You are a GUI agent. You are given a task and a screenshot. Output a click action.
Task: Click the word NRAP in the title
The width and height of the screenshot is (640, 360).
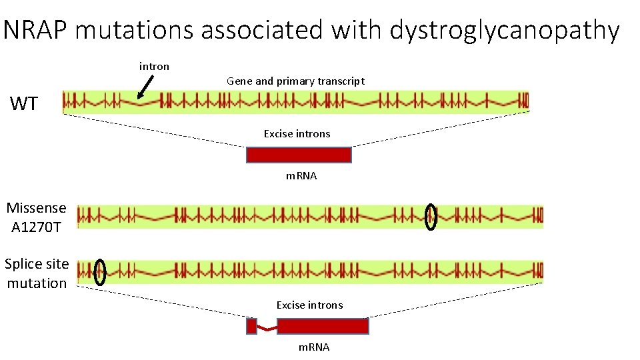tap(35, 29)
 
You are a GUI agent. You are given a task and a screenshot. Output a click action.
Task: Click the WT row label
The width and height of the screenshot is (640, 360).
tap(24, 103)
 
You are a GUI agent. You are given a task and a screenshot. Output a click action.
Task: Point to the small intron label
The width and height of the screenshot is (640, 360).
tap(154, 66)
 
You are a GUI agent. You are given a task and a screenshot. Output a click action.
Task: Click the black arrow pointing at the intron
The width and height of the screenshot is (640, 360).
tap(145, 87)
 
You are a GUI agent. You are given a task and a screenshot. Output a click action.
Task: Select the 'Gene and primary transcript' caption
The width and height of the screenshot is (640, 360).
tap(295, 81)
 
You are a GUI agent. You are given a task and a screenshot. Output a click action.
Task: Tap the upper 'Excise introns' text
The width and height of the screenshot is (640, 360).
tap(297, 133)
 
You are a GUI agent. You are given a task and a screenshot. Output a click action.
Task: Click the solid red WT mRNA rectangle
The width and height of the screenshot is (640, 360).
tap(299, 155)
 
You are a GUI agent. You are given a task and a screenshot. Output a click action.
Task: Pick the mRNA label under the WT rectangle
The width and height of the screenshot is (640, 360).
tap(301, 176)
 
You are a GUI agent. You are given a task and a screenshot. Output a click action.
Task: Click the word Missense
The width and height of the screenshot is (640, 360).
tap(36, 208)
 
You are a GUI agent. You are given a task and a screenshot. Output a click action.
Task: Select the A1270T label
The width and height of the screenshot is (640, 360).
tap(36, 227)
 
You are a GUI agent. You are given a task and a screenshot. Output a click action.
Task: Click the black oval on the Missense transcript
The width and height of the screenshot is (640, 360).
tap(425, 217)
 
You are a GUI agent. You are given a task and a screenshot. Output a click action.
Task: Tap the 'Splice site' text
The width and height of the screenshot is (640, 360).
tap(37, 264)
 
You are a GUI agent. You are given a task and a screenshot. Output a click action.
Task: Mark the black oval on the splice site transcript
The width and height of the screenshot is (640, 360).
tap(94, 273)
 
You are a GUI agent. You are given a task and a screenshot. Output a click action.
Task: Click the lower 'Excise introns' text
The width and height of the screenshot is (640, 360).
tap(310, 305)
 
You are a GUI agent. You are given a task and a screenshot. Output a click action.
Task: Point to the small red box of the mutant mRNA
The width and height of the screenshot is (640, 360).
tap(252, 326)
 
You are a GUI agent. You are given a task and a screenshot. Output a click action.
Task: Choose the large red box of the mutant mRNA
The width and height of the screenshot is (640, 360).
tap(323, 326)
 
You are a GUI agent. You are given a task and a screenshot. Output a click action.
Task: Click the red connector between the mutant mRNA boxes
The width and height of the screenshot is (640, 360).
tap(267, 329)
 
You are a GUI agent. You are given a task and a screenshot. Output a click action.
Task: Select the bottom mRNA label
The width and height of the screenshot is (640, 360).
tap(314, 347)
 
